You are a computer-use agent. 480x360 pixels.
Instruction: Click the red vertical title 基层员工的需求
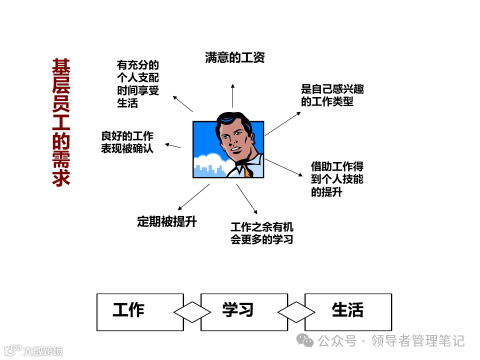point(61,123)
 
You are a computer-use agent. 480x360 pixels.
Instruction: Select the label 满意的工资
point(234,57)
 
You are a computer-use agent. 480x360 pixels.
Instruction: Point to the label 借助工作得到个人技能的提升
point(337,179)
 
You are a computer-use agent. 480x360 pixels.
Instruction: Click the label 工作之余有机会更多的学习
point(261,233)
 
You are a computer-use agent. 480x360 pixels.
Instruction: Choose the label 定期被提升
point(166,221)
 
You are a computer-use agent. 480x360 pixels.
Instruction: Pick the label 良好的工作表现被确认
point(127,142)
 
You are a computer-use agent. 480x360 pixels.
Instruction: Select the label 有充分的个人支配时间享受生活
point(137,84)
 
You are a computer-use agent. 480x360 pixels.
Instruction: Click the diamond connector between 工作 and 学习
point(192,312)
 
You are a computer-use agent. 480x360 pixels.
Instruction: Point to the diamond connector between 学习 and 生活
point(296,312)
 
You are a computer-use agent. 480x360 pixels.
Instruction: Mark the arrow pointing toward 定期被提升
point(193,196)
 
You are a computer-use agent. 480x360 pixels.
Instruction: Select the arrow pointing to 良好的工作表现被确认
point(173,145)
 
